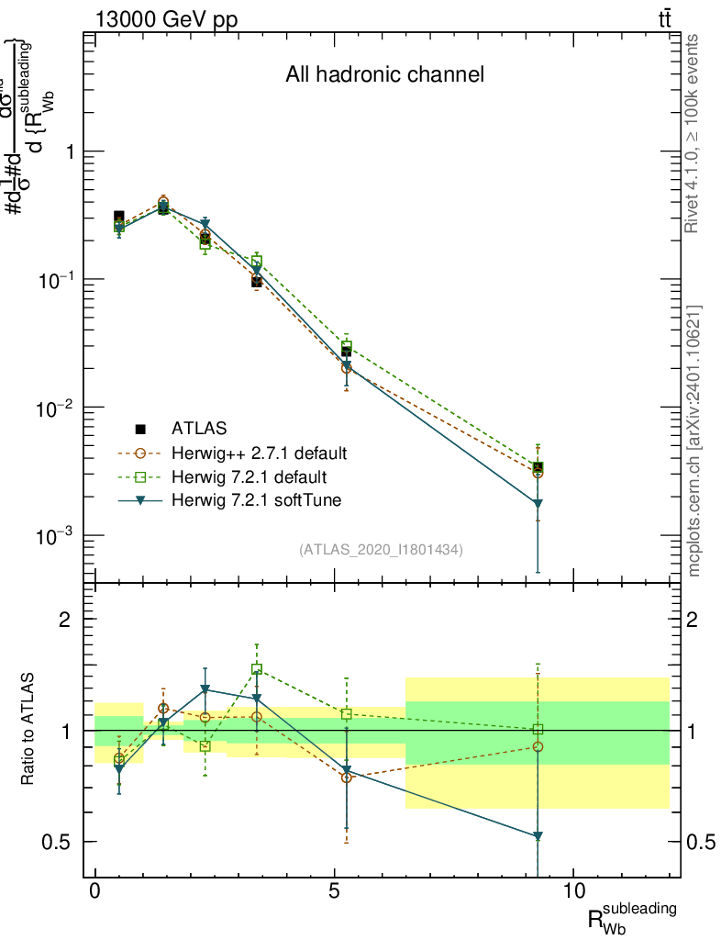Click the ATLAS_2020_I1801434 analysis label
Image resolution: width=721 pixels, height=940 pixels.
tap(381, 550)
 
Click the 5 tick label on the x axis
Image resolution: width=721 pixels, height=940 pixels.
tap(335, 890)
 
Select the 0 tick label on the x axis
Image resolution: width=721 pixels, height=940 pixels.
tap(95, 890)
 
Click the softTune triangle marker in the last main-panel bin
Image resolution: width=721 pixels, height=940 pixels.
tap(538, 504)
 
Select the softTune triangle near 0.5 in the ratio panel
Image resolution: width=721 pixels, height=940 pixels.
tap(538, 836)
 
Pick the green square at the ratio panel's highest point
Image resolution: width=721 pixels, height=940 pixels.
tap(257, 669)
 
